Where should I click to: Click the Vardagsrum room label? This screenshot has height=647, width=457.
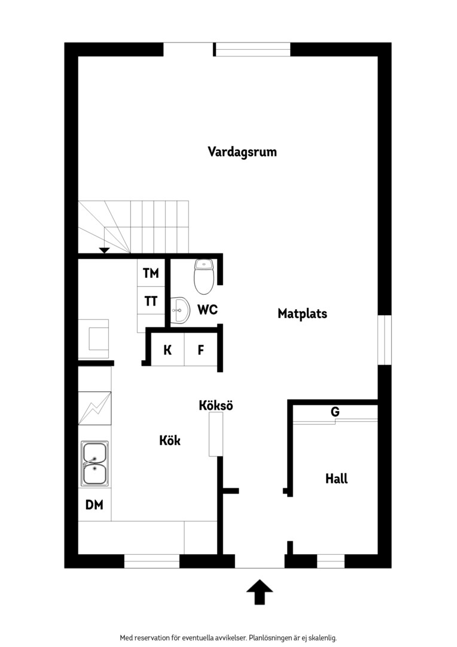click(x=242, y=152)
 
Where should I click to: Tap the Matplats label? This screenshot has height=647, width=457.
click(x=302, y=313)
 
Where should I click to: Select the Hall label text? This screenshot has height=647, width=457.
click(x=336, y=479)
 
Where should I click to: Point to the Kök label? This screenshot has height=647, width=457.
click(x=170, y=440)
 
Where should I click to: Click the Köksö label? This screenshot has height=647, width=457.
click(x=216, y=405)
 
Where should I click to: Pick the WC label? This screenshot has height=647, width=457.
click(x=208, y=310)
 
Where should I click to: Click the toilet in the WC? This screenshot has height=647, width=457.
click(x=203, y=276)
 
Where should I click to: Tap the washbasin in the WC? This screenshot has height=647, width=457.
click(x=180, y=310)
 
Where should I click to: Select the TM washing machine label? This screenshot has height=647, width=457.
click(x=151, y=273)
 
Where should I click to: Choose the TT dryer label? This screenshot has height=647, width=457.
click(x=151, y=301)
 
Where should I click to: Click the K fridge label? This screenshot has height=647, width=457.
click(x=167, y=350)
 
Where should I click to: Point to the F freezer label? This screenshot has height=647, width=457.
click(x=200, y=350)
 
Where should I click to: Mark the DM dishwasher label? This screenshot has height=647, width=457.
click(x=94, y=504)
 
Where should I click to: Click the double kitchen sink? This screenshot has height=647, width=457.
click(x=95, y=463)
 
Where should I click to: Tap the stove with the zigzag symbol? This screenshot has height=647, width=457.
click(x=95, y=408)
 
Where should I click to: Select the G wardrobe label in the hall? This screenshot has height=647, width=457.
click(x=335, y=412)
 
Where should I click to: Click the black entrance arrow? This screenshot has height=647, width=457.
click(x=260, y=592)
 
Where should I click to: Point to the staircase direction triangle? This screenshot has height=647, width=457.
click(x=104, y=250)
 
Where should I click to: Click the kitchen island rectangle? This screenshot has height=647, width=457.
click(x=215, y=434)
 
